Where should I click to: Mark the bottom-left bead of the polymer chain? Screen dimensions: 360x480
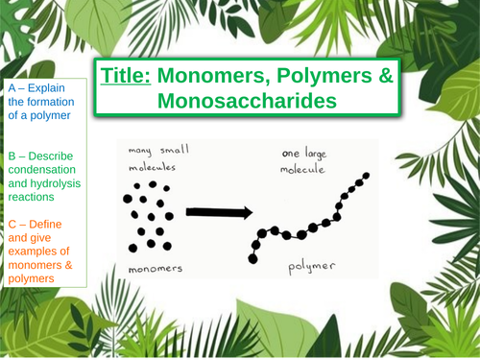click(x=253, y=258)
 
